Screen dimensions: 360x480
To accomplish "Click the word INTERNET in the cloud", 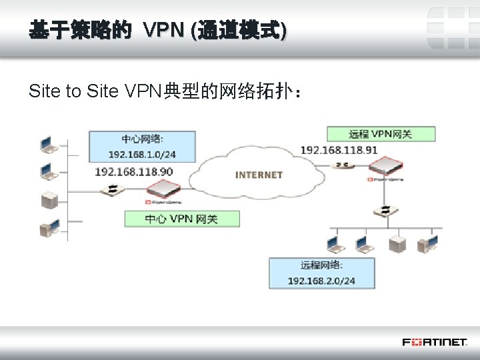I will tap(259, 175).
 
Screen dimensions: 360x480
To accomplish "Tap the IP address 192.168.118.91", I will tap(339, 150).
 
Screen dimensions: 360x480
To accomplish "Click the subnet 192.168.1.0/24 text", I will tap(142, 154).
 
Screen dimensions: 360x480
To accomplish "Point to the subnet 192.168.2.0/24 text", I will tap(321, 281).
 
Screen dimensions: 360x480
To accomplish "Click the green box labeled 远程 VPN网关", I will tap(381, 133).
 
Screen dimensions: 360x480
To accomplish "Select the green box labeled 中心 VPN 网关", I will tap(182, 219).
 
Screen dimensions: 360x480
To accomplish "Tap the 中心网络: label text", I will tap(142, 139).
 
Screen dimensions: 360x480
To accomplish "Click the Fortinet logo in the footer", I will tap(434, 342).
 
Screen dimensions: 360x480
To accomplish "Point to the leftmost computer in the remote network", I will tap(333, 243).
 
